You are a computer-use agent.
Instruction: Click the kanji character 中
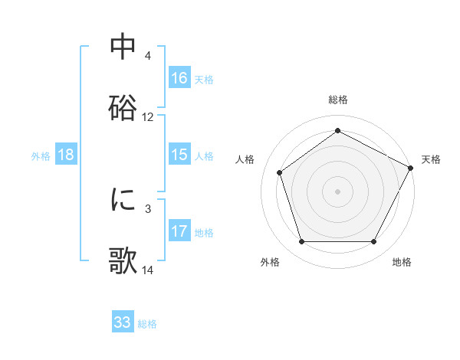click(123, 47)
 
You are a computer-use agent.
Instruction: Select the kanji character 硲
click(123, 108)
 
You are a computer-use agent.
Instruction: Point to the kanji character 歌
click(123, 260)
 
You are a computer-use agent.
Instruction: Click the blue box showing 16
click(179, 78)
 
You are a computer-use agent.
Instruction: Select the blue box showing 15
click(179, 155)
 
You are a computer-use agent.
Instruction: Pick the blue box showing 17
click(179, 231)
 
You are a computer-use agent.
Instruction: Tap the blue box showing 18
click(66, 155)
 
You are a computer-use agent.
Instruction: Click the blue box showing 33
click(123, 322)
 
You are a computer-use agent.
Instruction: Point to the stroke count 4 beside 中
click(148, 56)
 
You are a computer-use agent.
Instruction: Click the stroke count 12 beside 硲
click(148, 117)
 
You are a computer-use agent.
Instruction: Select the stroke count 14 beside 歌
click(148, 270)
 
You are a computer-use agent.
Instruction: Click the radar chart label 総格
click(338, 100)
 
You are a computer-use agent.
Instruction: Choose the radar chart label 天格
click(431, 159)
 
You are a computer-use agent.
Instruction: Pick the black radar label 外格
click(270, 262)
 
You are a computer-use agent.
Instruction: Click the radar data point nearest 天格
click(411, 167)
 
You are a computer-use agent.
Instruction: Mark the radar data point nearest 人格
click(280, 172)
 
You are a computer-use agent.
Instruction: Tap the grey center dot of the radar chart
click(338, 191)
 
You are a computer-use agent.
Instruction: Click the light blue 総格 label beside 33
click(148, 323)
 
